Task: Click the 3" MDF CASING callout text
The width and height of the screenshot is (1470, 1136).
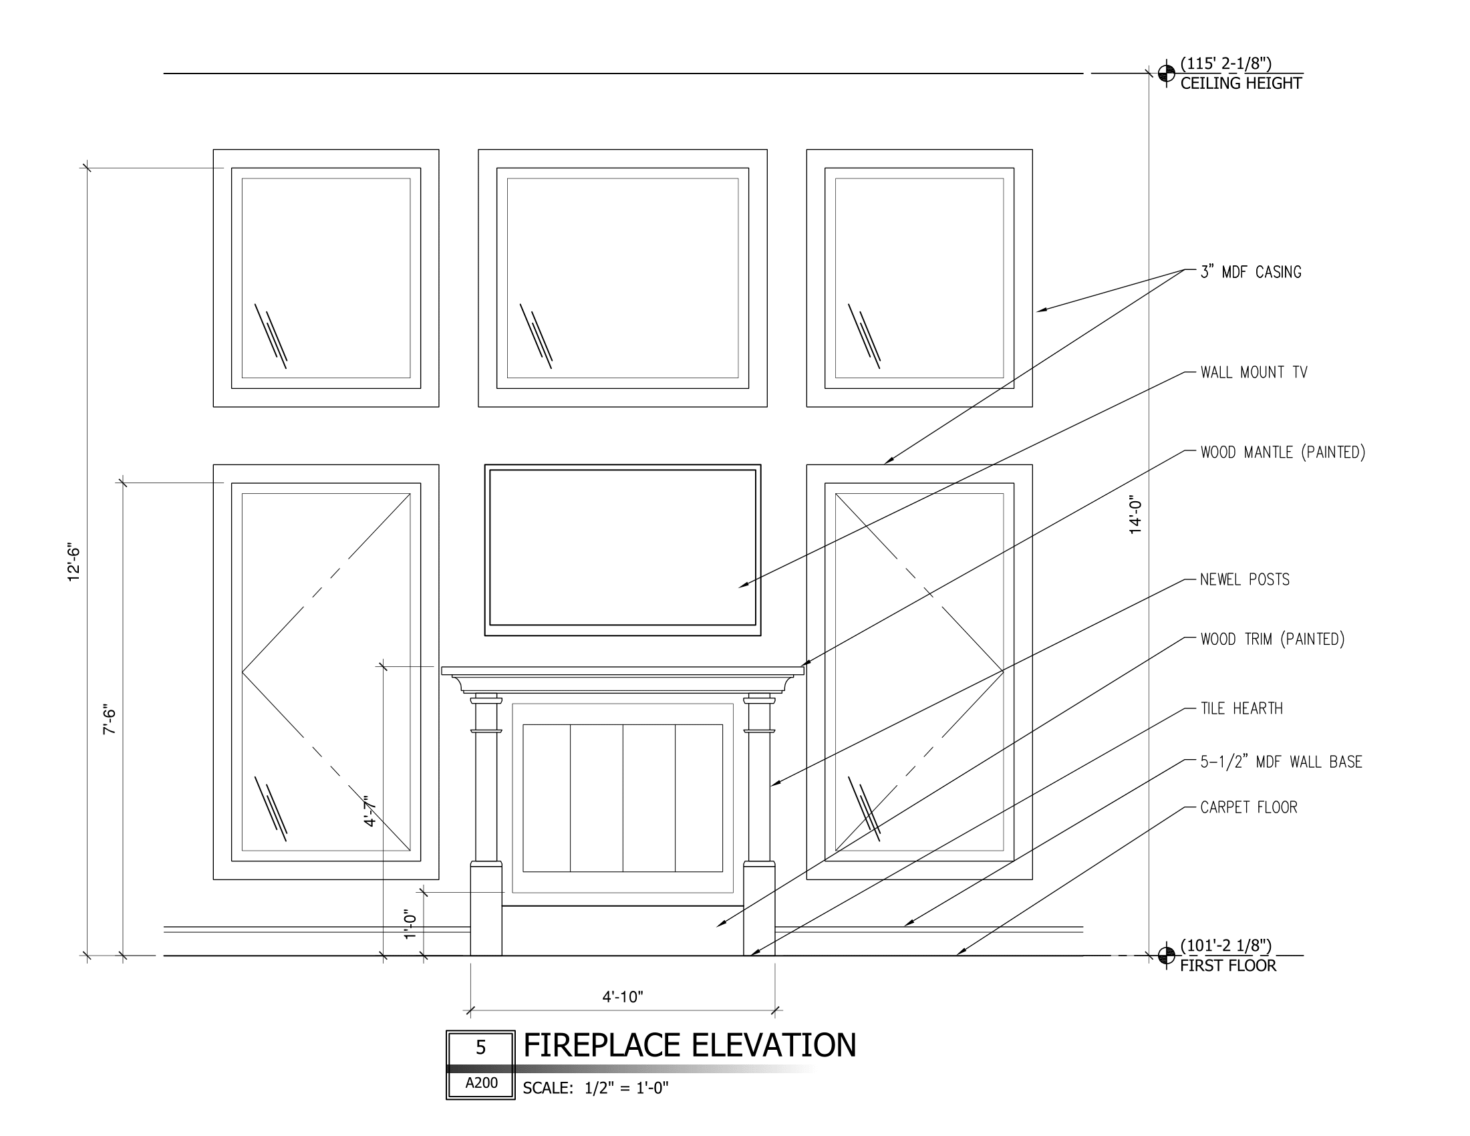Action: click(x=1251, y=273)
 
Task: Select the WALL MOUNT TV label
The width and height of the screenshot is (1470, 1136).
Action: click(x=1254, y=373)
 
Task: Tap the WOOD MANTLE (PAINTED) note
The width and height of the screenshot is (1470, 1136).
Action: click(x=1282, y=452)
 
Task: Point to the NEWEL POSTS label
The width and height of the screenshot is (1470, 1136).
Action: click(x=1245, y=579)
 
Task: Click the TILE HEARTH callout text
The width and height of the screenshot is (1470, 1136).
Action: click(x=1241, y=708)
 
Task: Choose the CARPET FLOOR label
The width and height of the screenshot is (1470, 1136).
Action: click(x=1249, y=808)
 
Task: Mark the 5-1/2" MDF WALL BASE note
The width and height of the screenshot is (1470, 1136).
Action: click(x=1281, y=762)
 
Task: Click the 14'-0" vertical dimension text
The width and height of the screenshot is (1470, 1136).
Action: click(x=1136, y=516)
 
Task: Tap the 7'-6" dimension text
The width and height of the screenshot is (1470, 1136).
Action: click(x=110, y=720)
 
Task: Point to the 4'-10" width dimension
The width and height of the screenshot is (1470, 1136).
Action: click(x=623, y=997)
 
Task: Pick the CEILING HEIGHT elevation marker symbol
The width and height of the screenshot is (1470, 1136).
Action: click(x=1167, y=73)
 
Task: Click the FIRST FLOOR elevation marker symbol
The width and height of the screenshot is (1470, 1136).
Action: click(x=1167, y=955)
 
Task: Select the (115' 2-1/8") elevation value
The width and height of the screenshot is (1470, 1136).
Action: click(x=1225, y=64)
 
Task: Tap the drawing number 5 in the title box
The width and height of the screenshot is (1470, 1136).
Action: click(x=480, y=1048)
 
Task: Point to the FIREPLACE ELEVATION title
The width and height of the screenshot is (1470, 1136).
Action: click(x=690, y=1046)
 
